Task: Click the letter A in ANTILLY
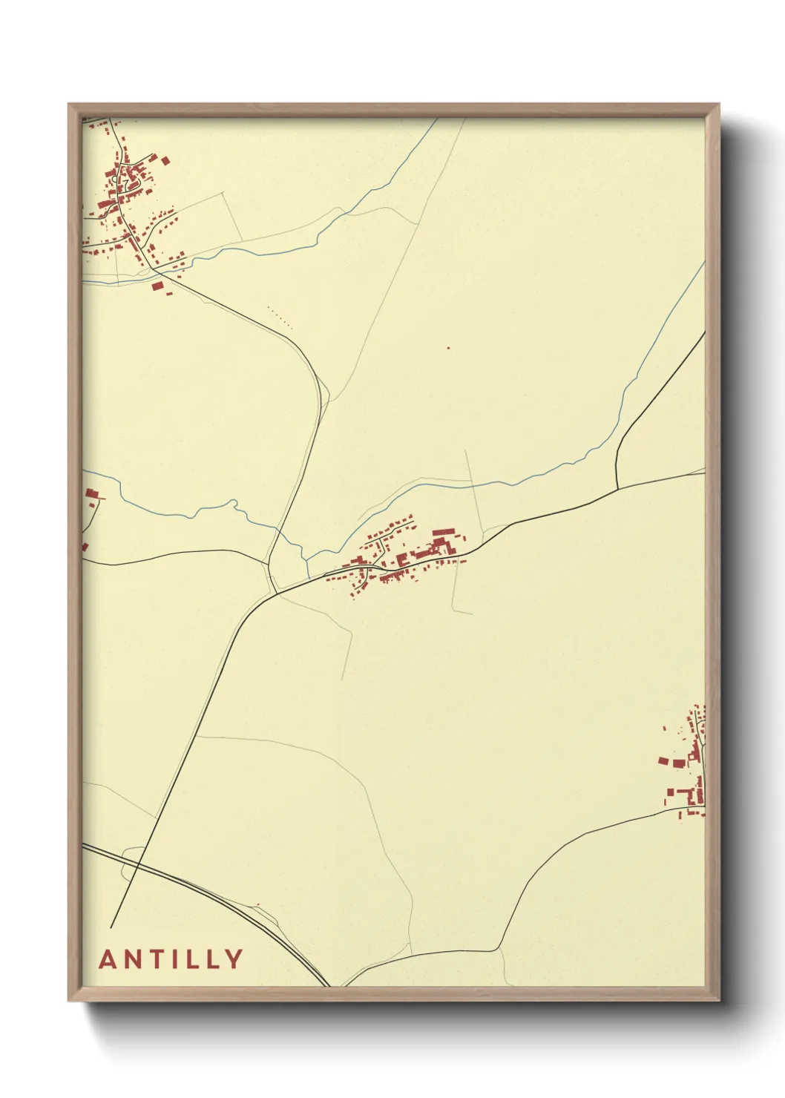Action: [108, 959]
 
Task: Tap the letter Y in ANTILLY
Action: [234, 959]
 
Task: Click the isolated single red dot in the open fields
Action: [448, 347]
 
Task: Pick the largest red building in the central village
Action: [443, 533]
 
